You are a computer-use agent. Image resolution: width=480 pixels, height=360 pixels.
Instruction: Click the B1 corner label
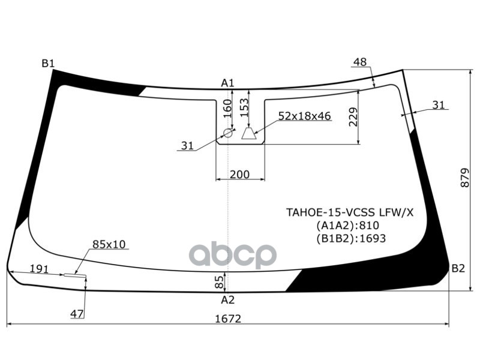point(48,64)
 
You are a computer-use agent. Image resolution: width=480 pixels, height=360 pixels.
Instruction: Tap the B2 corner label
point(458,268)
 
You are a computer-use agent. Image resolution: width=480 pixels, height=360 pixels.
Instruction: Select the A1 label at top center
point(227,83)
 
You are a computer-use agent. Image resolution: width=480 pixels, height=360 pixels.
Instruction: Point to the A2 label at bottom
point(227,300)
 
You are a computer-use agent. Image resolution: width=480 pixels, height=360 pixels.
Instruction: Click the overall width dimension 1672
point(227,319)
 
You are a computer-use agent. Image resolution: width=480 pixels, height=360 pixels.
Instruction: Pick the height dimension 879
point(466,177)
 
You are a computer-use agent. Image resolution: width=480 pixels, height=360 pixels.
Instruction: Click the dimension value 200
point(240,175)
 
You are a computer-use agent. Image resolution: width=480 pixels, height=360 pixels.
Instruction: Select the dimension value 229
point(353,118)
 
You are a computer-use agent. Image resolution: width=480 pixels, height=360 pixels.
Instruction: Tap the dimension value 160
point(227,110)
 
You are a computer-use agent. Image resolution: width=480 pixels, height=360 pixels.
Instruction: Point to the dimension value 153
point(244,109)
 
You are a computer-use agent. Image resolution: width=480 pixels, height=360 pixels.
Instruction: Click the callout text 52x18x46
point(304,116)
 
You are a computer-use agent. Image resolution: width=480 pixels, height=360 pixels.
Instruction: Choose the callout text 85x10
point(109,244)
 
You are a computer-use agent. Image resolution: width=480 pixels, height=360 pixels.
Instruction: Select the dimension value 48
point(359,62)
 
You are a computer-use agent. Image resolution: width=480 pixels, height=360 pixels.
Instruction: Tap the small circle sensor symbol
point(228,133)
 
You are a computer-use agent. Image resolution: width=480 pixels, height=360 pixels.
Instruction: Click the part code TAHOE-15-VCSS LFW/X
point(349,212)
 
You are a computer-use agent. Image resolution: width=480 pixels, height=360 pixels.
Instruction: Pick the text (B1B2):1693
point(350,238)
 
